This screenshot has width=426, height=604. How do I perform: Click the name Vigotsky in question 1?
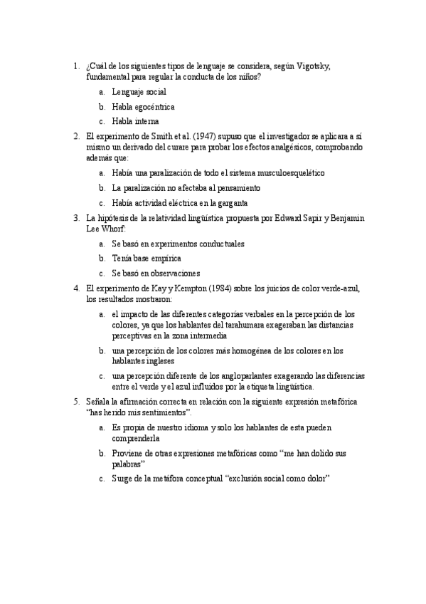[x=312, y=66]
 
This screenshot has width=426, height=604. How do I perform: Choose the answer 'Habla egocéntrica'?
[x=143, y=107]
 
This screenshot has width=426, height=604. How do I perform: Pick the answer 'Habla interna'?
[x=135, y=121]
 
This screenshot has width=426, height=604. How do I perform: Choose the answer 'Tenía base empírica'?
[x=147, y=258]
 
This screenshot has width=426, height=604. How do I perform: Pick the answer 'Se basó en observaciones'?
[x=156, y=273]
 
